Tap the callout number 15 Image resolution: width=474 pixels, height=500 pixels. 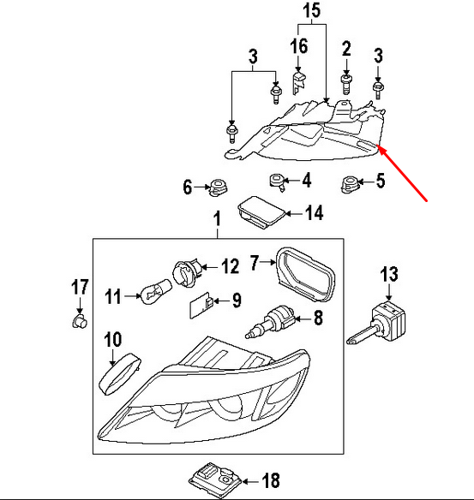point(310,11)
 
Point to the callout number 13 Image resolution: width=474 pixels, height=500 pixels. point(389,274)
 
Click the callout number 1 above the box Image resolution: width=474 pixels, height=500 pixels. point(216,222)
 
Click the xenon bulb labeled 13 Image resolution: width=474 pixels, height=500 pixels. point(378,321)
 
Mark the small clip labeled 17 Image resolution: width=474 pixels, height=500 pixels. point(78,320)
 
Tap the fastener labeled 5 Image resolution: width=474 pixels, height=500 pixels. point(350,182)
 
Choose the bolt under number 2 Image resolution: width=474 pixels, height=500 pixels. point(346,84)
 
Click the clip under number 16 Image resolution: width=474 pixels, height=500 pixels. point(299,81)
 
